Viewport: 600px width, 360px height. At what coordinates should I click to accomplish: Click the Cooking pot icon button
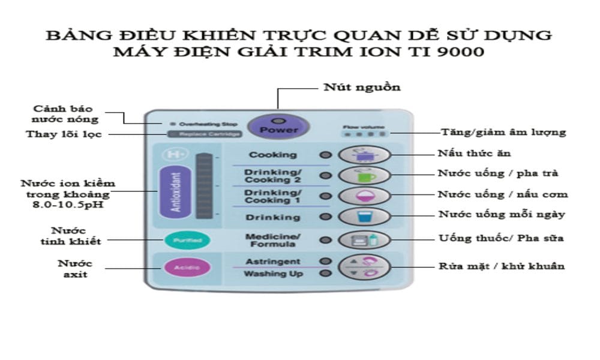coord(364,155)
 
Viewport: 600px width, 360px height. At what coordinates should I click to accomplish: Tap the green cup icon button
coord(364,175)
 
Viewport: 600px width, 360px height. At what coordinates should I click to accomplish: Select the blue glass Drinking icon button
coord(364,216)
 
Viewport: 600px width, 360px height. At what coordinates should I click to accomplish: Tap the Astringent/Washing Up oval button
coord(364,267)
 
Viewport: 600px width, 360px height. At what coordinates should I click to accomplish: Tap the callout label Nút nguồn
coord(362,87)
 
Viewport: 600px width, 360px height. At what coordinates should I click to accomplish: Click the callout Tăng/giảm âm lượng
coord(503,132)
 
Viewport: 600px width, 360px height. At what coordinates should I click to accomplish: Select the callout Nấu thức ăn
coord(474,154)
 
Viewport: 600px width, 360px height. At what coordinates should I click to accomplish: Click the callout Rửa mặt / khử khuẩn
coord(502,266)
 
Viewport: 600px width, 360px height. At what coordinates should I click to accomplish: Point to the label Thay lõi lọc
coord(64,134)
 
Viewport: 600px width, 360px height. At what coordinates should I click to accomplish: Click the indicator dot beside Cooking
coord(326,155)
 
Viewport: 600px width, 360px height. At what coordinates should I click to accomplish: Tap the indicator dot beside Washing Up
coord(326,274)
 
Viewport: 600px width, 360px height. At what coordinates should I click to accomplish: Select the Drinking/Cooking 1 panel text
coord(273,196)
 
